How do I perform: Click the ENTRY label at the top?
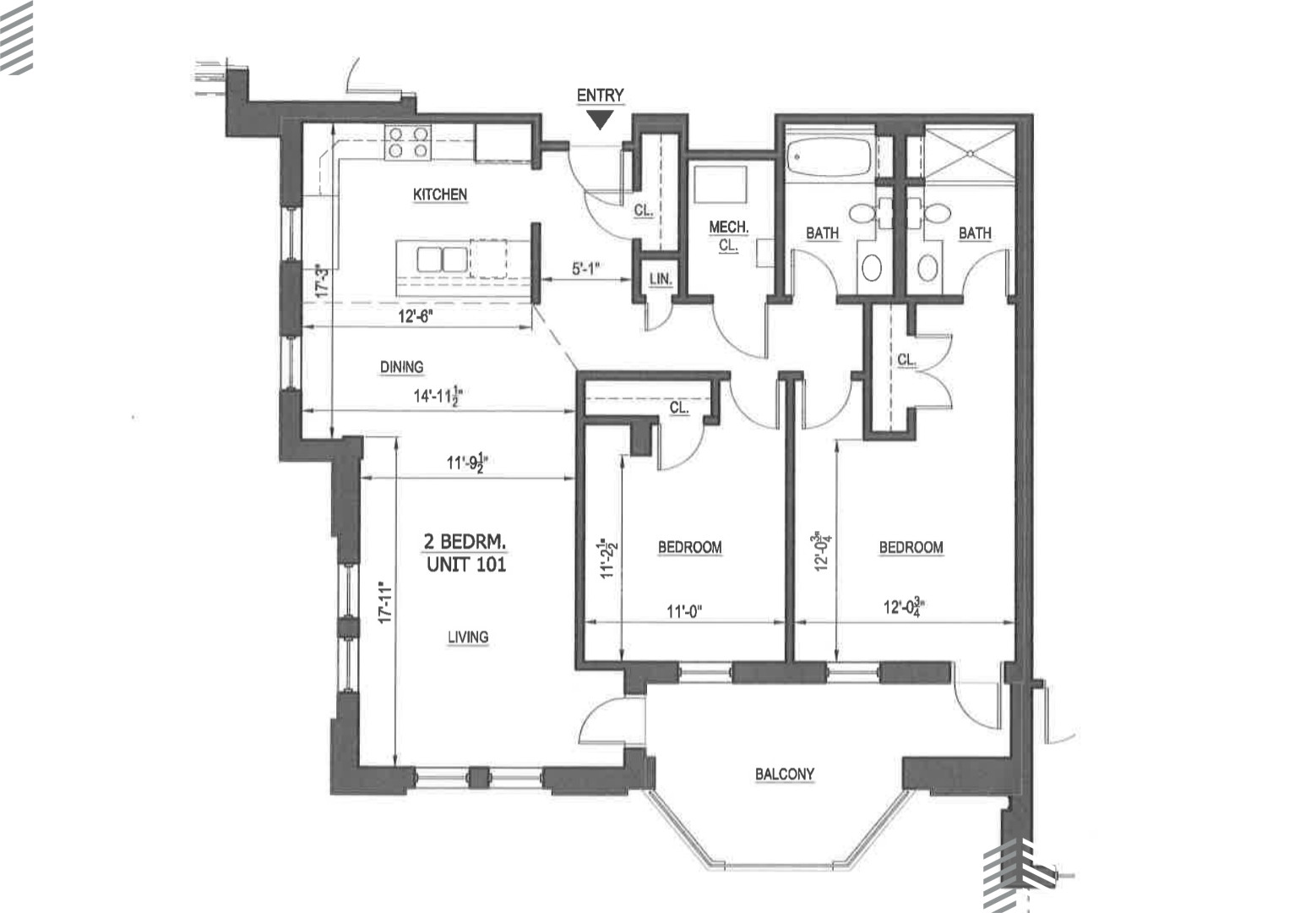(600, 96)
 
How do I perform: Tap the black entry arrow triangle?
(600, 119)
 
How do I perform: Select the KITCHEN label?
(440, 194)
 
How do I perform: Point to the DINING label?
(401, 367)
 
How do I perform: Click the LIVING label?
(468, 637)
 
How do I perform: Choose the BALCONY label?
(784, 774)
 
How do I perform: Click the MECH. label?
(729, 227)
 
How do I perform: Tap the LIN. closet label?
(661, 279)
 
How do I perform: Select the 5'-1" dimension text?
(586, 269)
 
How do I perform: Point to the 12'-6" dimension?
(415, 316)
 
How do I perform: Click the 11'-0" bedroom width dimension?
(684, 611)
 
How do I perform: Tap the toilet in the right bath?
(927, 268)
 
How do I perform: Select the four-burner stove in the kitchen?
(408, 142)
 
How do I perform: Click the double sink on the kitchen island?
(442, 260)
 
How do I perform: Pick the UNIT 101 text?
(466, 565)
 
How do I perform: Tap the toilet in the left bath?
(872, 268)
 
